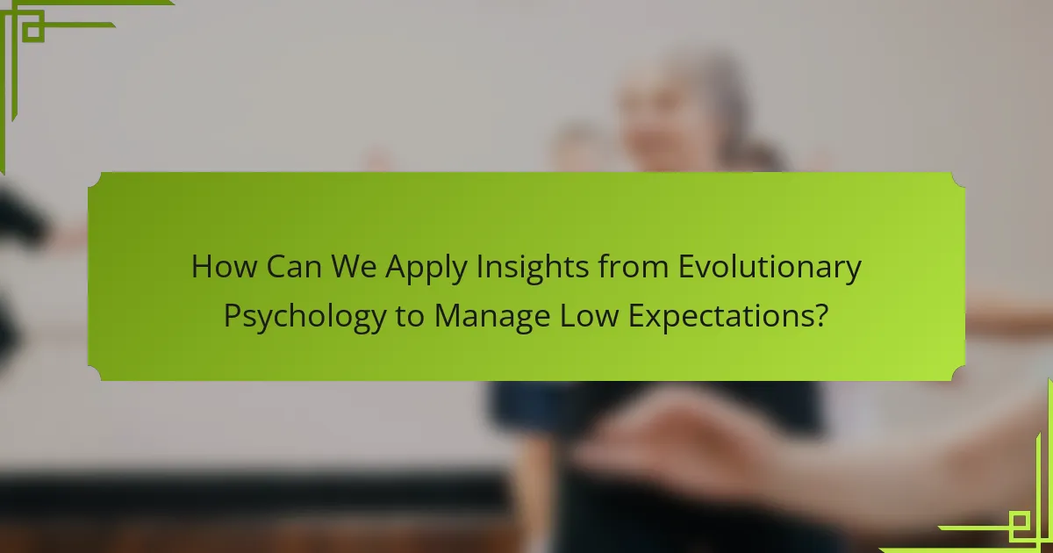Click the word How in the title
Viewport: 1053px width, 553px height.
click(x=225, y=267)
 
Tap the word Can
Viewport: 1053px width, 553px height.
click(x=294, y=267)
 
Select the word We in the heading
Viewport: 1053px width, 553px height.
click(x=354, y=267)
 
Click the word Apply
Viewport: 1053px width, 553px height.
click(x=426, y=269)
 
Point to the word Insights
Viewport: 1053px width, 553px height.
click(x=532, y=269)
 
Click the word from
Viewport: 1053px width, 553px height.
click(x=634, y=267)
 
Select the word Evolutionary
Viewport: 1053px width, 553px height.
click(x=770, y=269)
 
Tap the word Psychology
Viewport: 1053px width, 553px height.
click(x=304, y=318)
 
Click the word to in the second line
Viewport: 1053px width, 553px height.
click(x=411, y=317)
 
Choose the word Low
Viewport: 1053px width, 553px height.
click(x=589, y=315)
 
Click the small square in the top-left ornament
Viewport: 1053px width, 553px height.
click(x=33, y=32)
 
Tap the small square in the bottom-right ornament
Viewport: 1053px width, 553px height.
click(x=1019, y=521)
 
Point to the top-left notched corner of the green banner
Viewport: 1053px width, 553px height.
click(x=94, y=179)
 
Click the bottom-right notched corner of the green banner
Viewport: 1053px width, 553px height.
click(x=958, y=374)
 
